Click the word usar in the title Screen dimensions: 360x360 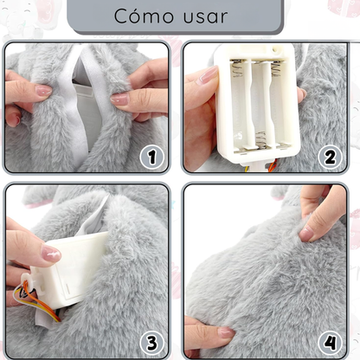[x=204, y=16]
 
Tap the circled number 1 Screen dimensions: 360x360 [x=152, y=157]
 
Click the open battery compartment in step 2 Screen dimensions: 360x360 [x=256, y=100]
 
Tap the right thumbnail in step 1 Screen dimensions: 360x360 [x=120, y=100]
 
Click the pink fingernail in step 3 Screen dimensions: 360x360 [x=51, y=254]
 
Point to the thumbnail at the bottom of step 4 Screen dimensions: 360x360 [x=225, y=331]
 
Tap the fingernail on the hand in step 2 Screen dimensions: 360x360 [x=208, y=76]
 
